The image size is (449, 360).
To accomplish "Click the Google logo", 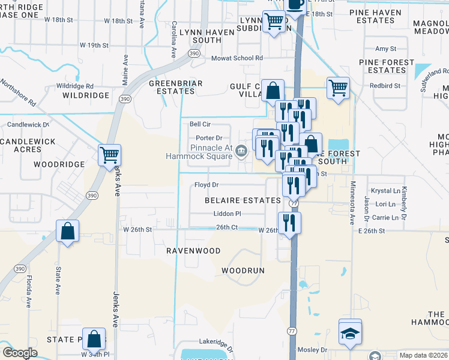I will (20, 353).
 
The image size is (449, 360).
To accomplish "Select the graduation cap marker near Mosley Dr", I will (350, 334).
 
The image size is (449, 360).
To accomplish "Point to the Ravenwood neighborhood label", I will (193, 251).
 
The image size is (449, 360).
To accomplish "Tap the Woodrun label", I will (243, 271).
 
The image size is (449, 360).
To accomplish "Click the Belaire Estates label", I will (243, 200).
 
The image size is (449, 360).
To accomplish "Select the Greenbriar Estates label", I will (176, 87).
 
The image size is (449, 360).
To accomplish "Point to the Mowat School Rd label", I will (237, 58).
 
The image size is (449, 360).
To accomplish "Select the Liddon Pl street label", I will (227, 214).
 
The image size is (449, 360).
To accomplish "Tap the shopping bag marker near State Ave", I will (68, 231).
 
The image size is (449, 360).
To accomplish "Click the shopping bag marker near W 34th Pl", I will (94, 339).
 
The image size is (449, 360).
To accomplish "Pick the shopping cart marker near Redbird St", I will (338, 88).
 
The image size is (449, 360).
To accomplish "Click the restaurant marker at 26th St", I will (290, 223).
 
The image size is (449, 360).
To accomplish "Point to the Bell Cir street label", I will (200, 124).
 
